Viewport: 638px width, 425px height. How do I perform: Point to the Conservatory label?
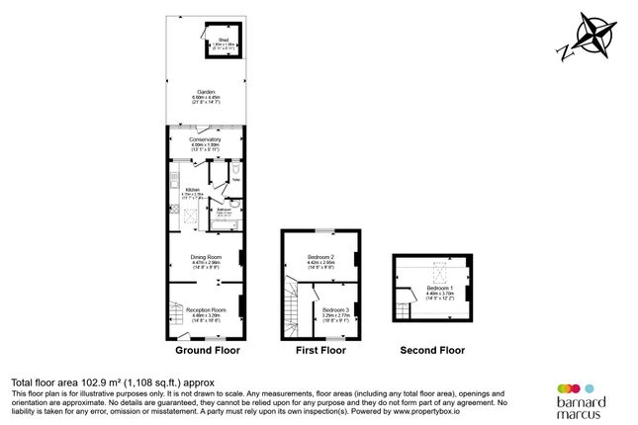tap(207, 140)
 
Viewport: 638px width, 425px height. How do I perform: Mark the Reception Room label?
tap(207, 309)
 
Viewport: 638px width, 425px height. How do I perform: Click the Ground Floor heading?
tap(207, 350)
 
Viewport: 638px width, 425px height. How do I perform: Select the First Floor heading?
tap(321, 350)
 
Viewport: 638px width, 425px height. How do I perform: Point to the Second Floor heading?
tap(432, 350)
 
